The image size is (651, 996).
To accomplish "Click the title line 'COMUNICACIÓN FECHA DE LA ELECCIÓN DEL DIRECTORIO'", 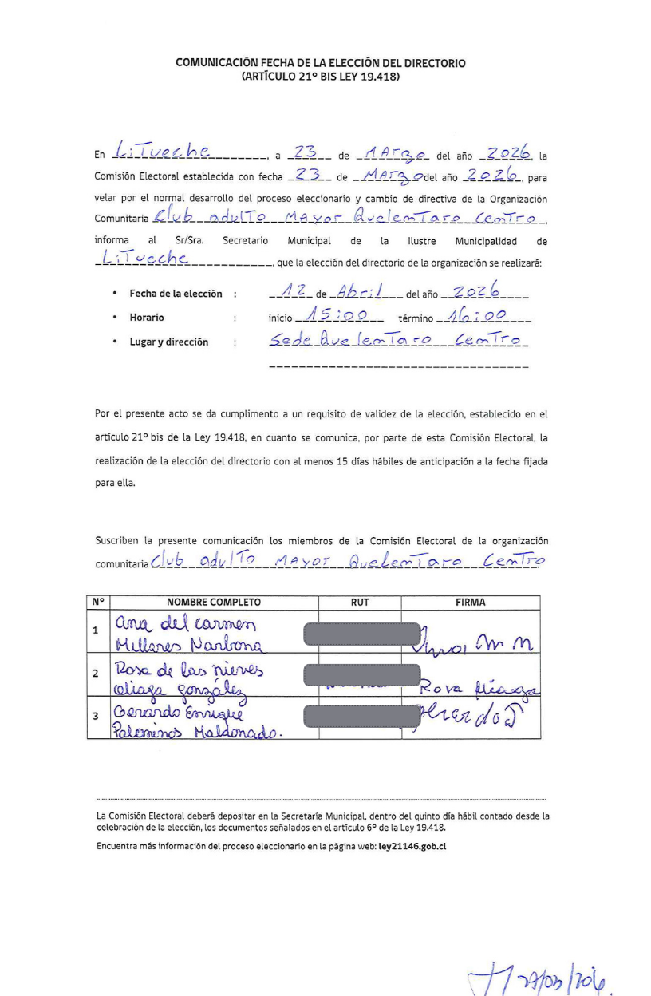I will (x=321, y=62).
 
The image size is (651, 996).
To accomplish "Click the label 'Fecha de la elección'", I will (x=176, y=294).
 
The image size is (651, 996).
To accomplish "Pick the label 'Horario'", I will (x=147, y=318).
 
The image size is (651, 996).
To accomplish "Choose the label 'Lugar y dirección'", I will (x=169, y=342).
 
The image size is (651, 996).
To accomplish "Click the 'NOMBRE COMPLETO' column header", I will (x=213, y=603).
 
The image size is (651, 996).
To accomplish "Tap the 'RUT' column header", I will (x=360, y=603).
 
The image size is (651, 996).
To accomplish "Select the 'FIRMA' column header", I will (x=471, y=603).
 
